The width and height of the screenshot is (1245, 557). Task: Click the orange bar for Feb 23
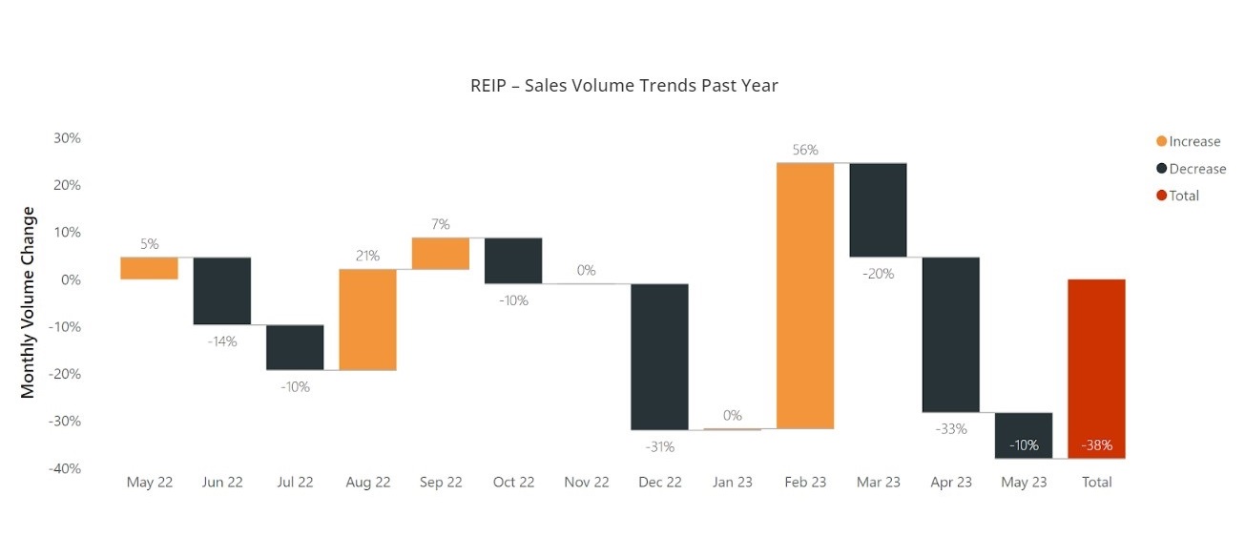pos(805,296)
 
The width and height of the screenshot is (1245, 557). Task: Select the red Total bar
pos(1096,368)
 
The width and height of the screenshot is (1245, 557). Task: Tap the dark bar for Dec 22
pos(659,357)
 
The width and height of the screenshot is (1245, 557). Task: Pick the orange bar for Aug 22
pos(367,320)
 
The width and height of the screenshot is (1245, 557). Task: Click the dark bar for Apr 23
pos(950,335)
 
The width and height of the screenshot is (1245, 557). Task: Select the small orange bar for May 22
pos(150,268)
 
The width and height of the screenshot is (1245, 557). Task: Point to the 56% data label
pos(805,150)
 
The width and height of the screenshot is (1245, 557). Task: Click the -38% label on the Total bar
pos(1096,445)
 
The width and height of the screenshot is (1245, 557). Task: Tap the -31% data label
pos(659,446)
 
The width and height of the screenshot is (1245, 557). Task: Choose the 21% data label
pos(367,256)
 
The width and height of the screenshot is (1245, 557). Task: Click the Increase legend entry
pos(1188,141)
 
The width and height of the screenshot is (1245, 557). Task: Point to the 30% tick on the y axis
pos(67,137)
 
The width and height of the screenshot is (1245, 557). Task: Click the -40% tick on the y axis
pos(64,468)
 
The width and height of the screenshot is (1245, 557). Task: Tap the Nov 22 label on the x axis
pos(586,483)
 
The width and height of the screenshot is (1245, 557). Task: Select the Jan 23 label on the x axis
pos(732,483)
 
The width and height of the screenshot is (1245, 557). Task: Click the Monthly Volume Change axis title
pos(29,302)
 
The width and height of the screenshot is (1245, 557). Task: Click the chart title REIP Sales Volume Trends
pos(624,86)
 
